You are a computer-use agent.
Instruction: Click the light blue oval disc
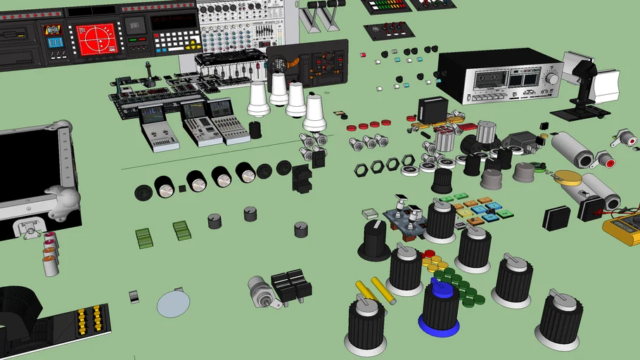pyautogui.click(x=173, y=303)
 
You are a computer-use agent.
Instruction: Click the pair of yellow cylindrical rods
pyautogui.click(x=374, y=291)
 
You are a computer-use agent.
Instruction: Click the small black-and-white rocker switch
pyautogui.click(x=134, y=297)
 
